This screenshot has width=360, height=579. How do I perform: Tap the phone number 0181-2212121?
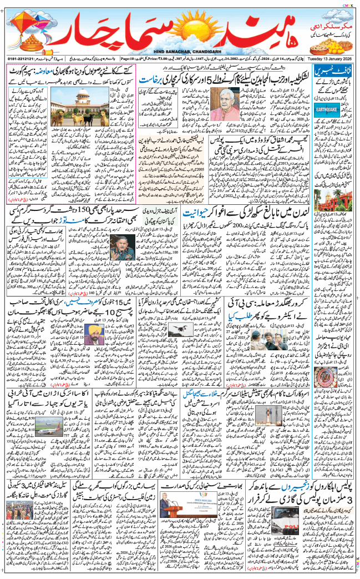point(19,57)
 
